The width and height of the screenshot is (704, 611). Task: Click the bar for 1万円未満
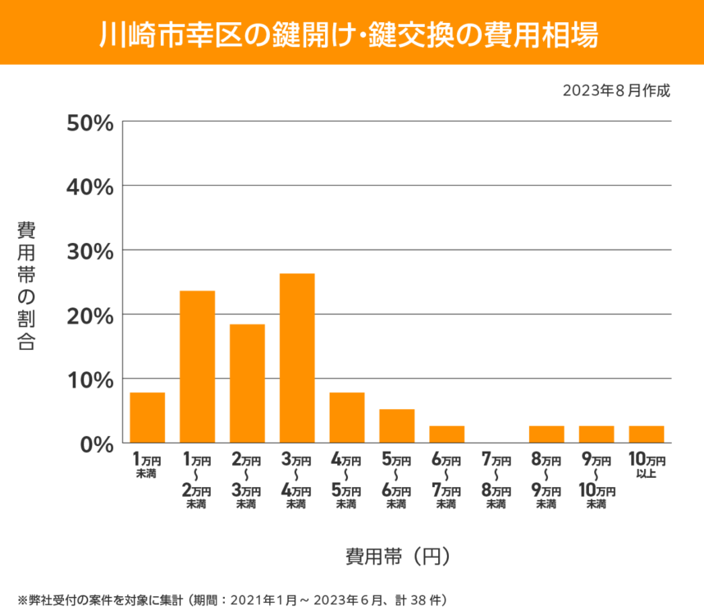tap(148, 418)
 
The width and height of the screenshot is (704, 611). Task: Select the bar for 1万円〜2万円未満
tap(198, 367)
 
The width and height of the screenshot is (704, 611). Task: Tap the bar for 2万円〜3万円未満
tap(247, 384)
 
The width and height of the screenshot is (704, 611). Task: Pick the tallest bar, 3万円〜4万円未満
tap(297, 358)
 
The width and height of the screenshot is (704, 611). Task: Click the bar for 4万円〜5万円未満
tap(347, 418)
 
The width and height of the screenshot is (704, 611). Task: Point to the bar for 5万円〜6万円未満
tap(397, 426)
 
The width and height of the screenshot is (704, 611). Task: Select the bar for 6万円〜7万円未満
tap(447, 434)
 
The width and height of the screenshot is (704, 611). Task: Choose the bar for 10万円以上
tap(647, 434)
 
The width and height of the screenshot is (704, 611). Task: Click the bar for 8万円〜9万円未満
tap(546, 434)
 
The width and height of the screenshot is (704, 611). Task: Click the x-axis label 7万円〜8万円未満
tap(496, 480)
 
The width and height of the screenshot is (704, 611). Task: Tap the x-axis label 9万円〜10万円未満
tap(597, 480)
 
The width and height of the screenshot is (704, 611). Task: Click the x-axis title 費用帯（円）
tap(398, 556)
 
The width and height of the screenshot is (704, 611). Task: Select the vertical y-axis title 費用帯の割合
tap(26, 286)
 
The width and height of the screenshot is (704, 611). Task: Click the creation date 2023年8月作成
tap(616, 90)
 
